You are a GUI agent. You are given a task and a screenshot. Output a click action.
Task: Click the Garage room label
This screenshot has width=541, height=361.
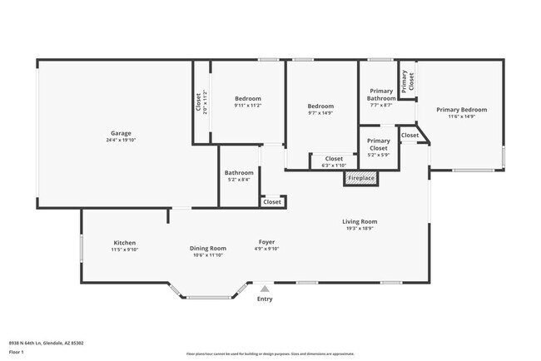[x=122, y=133]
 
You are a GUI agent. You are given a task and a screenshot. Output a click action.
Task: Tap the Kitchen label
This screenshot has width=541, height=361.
[x=125, y=243]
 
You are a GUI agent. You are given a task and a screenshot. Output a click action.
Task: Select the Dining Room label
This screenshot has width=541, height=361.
[x=207, y=248]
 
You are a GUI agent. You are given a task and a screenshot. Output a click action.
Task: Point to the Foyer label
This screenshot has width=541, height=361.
[x=266, y=243]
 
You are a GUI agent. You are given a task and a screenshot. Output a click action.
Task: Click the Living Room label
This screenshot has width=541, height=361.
[x=360, y=221]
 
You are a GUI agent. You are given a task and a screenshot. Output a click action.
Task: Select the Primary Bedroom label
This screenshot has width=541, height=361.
[x=462, y=110]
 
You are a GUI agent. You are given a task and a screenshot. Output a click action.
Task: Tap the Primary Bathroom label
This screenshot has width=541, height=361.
[x=381, y=95]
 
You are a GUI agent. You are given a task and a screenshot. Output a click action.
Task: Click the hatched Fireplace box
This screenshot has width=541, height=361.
[x=361, y=178]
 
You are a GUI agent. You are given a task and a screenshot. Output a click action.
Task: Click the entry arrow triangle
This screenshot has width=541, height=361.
[x=265, y=289]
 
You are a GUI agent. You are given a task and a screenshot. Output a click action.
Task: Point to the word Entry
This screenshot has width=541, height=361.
[x=265, y=299]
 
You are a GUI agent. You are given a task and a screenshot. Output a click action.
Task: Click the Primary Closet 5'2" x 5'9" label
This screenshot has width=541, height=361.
[x=379, y=145]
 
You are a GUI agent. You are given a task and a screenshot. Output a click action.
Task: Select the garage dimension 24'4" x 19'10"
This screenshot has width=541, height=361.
[x=122, y=140]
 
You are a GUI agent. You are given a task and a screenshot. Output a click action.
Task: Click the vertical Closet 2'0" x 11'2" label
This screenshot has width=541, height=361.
[x=201, y=102]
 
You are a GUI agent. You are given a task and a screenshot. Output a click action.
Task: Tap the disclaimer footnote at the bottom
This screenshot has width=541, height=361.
[x=270, y=354]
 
